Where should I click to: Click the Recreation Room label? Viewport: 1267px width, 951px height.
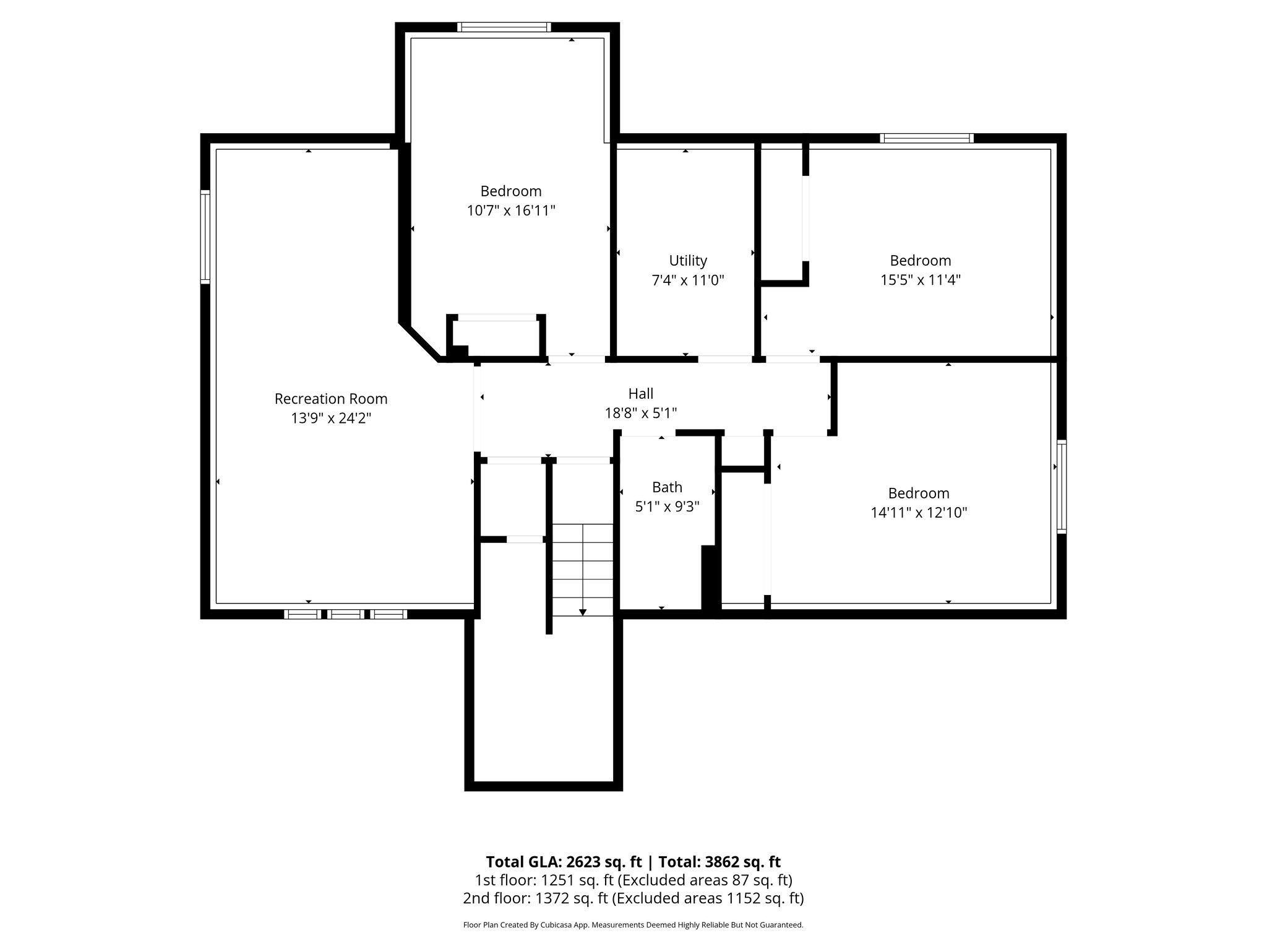click(331, 399)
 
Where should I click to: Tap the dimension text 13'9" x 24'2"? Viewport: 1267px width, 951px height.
click(331, 419)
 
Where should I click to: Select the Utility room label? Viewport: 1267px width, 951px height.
click(688, 261)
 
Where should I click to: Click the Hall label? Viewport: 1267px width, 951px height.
click(641, 394)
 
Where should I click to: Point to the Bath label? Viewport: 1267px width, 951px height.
click(667, 487)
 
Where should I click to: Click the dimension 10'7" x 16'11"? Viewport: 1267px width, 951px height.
click(511, 211)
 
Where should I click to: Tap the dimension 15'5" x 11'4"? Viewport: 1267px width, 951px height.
click(921, 280)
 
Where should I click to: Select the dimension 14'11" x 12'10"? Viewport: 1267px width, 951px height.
click(919, 513)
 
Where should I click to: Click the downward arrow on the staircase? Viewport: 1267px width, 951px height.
click(582, 612)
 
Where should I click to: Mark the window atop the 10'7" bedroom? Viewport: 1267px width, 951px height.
click(504, 27)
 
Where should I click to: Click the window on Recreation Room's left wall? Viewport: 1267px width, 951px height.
click(205, 237)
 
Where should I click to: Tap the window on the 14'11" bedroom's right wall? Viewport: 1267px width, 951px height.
click(1062, 486)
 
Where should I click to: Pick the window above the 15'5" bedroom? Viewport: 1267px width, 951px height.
click(927, 139)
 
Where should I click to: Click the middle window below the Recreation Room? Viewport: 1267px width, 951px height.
click(346, 614)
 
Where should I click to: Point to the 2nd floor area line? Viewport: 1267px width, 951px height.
click(633, 898)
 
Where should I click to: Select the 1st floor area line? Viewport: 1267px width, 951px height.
click(633, 880)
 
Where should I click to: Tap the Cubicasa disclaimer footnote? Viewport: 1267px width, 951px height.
click(633, 925)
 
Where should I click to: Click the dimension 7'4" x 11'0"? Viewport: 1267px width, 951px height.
click(688, 280)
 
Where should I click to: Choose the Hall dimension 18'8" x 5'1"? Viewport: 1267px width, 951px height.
click(641, 413)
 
